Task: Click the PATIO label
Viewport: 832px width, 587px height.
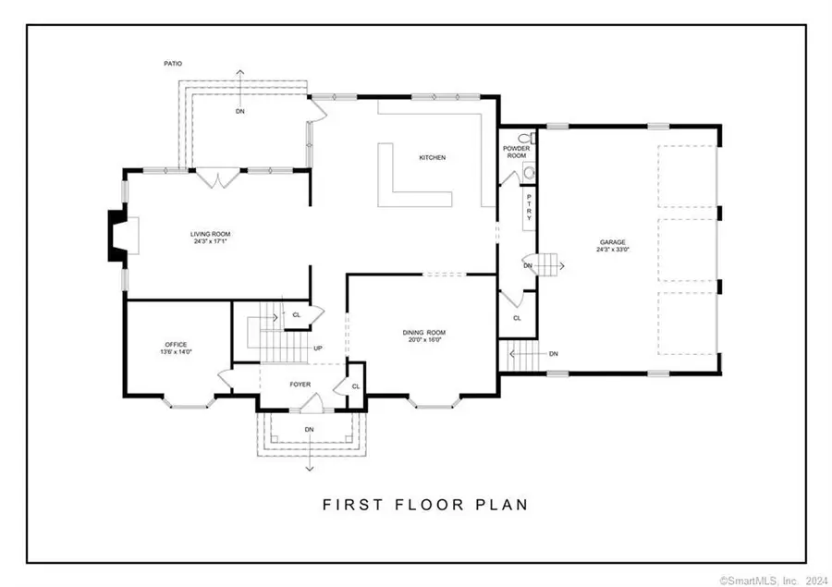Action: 172,64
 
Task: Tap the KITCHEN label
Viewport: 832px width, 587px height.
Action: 432,158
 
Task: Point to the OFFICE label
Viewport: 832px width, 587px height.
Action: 176,345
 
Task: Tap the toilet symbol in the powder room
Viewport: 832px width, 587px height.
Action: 524,139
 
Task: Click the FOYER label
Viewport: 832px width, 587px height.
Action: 300,383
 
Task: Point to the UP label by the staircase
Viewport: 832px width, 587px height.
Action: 318,349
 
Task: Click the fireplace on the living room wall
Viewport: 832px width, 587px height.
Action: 120,236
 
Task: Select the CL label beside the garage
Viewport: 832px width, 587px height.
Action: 517,318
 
